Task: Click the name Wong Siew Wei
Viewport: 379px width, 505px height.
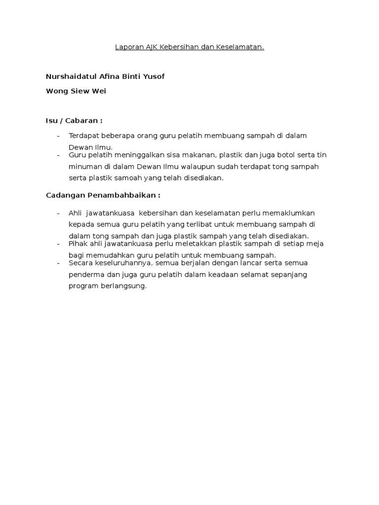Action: (76, 91)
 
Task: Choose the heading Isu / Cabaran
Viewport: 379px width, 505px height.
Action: (74, 121)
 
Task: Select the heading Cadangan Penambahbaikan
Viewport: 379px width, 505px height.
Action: (103, 195)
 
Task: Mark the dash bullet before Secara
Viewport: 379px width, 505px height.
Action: (59, 263)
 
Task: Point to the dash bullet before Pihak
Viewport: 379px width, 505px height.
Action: (59, 244)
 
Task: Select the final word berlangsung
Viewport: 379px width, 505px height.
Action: (122, 287)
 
